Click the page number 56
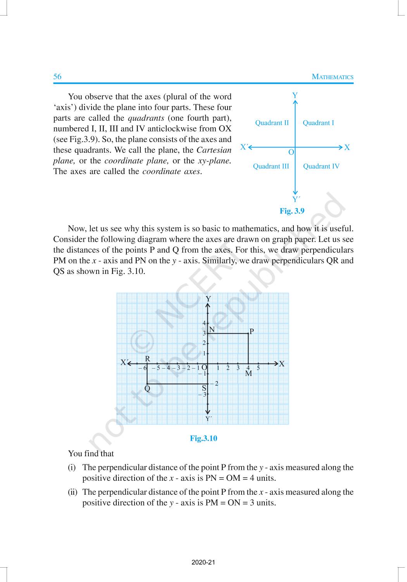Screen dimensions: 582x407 coord(57,76)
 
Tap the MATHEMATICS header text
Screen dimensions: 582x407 coord(333,77)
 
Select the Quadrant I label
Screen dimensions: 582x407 coord(318,123)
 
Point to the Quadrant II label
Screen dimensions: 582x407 coord(272,123)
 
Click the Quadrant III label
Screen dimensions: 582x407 coord(271,166)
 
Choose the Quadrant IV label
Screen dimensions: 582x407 coord(321,166)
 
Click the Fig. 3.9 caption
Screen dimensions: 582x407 coord(292,211)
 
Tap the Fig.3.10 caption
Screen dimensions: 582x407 coord(203,438)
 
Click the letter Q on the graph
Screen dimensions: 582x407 coord(147,388)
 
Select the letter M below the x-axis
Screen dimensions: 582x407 coord(248,374)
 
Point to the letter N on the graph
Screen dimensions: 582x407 coord(212,330)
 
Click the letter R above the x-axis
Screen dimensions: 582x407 coord(148,359)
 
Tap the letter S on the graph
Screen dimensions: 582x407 coord(204,388)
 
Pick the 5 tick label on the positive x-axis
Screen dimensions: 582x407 coord(258,368)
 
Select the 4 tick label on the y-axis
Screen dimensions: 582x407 coord(204,323)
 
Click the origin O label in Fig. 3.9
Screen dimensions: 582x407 coord(291,152)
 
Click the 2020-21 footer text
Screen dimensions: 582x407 coord(203,562)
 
